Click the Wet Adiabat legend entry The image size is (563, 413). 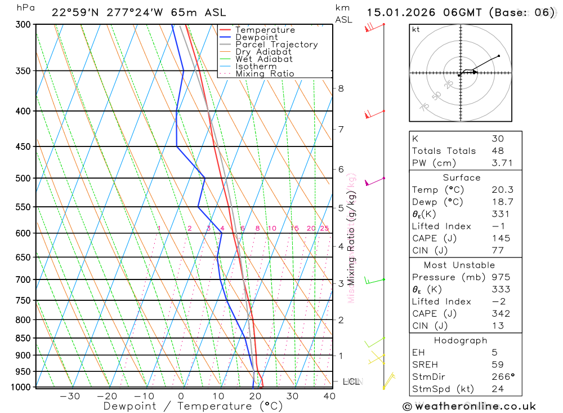click(x=263, y=59)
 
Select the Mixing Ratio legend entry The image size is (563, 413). click(x=265, y=74)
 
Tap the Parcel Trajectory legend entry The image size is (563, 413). click(x=276, y=45)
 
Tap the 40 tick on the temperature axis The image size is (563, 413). click(x=329, y=396)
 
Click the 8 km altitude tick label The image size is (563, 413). click(x=341, y=88)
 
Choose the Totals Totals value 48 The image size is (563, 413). click(x=498, y=151)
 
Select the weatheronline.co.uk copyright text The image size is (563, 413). click(x=469, y=406)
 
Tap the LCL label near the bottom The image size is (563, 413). click(x=351, y=382)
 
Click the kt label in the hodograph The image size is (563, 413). click(x=416, y=29)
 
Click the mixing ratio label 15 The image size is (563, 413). click(x=294, y=228)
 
